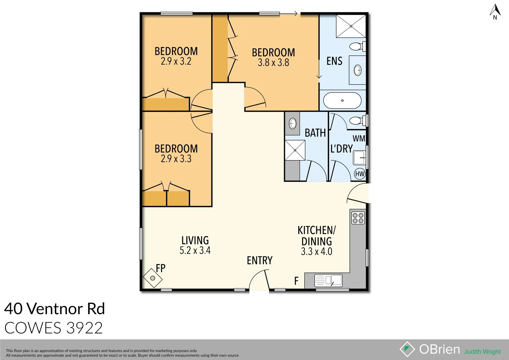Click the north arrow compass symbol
495,11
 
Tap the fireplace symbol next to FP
152,278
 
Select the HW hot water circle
360,174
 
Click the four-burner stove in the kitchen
358,218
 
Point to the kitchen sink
328,280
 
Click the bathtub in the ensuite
342,100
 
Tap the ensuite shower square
351,26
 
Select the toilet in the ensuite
357,46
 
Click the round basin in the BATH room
293,123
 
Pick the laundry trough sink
359,158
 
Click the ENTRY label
260,260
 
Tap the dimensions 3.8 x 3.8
273,63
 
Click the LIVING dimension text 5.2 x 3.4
195,250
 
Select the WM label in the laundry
359,138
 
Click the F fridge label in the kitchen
296,281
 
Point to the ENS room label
334,61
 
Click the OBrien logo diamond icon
407,349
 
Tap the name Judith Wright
482,352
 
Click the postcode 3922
85,328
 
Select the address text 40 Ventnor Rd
55,309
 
